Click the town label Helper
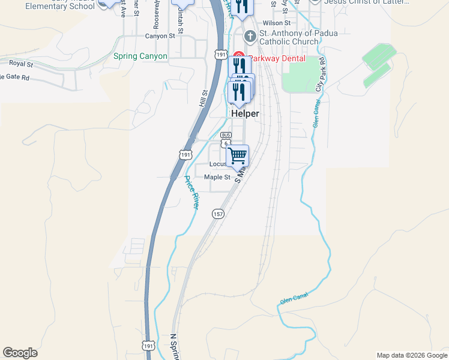(x=245, y=113)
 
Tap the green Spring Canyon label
(x=140, y=56)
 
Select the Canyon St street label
(x=160, y=36)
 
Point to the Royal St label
(x=20, y=63)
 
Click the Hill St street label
(x=203, y=98)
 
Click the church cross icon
(x=250, y=37)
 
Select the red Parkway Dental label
(x=277, y=59)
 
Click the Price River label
(x=191, y=192)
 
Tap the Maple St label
(x=217, y=177)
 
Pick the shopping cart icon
(x=238, y=156)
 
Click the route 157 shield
(x=218, y=214)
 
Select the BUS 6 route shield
(x=226, y=139)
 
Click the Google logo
(x=20, y=353)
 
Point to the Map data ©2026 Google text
(x=411, y=355)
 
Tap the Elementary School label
(x=52, y=6)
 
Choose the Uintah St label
(x=179, y=23)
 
